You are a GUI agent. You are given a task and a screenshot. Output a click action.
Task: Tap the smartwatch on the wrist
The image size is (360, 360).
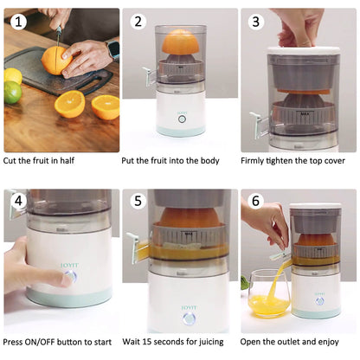pos(112,49)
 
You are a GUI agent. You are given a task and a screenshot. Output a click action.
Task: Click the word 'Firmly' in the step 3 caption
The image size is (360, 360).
pos(257,161)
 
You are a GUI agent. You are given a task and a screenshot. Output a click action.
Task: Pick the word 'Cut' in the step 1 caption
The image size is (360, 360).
pos(14,161)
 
